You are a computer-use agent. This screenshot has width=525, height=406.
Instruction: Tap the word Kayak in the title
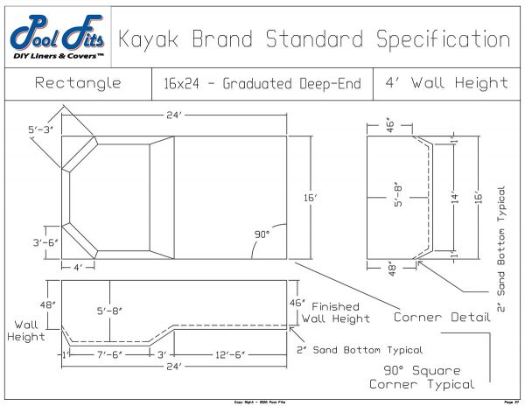point(150,39)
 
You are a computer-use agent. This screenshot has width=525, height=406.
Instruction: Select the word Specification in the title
point(442,39)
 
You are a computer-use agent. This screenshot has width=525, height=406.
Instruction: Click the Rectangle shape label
point(78,84)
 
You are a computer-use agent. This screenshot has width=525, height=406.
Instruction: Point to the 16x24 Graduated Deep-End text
point(262,84)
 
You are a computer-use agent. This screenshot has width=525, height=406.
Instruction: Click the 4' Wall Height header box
point(446,84)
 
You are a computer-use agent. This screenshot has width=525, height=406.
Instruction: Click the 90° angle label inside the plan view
point(261,234)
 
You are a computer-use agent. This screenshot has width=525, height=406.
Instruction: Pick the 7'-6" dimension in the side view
point(110,354)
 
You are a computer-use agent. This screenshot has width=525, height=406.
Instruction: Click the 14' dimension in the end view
point(455,198)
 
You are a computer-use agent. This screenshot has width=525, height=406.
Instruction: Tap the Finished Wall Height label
point(332,314)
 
